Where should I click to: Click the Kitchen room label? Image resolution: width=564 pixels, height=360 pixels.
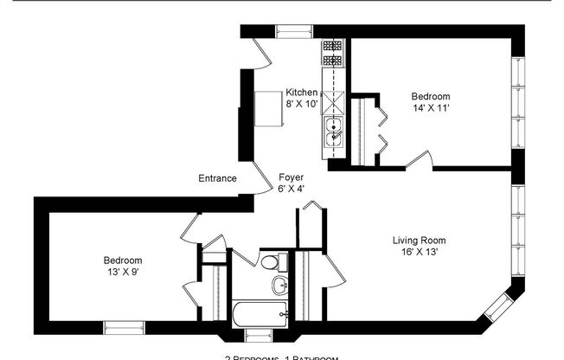302,92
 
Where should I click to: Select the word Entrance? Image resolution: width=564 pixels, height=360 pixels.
217,178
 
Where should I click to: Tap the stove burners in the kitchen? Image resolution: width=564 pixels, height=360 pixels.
333,54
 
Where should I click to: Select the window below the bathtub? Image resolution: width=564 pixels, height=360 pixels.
258,334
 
